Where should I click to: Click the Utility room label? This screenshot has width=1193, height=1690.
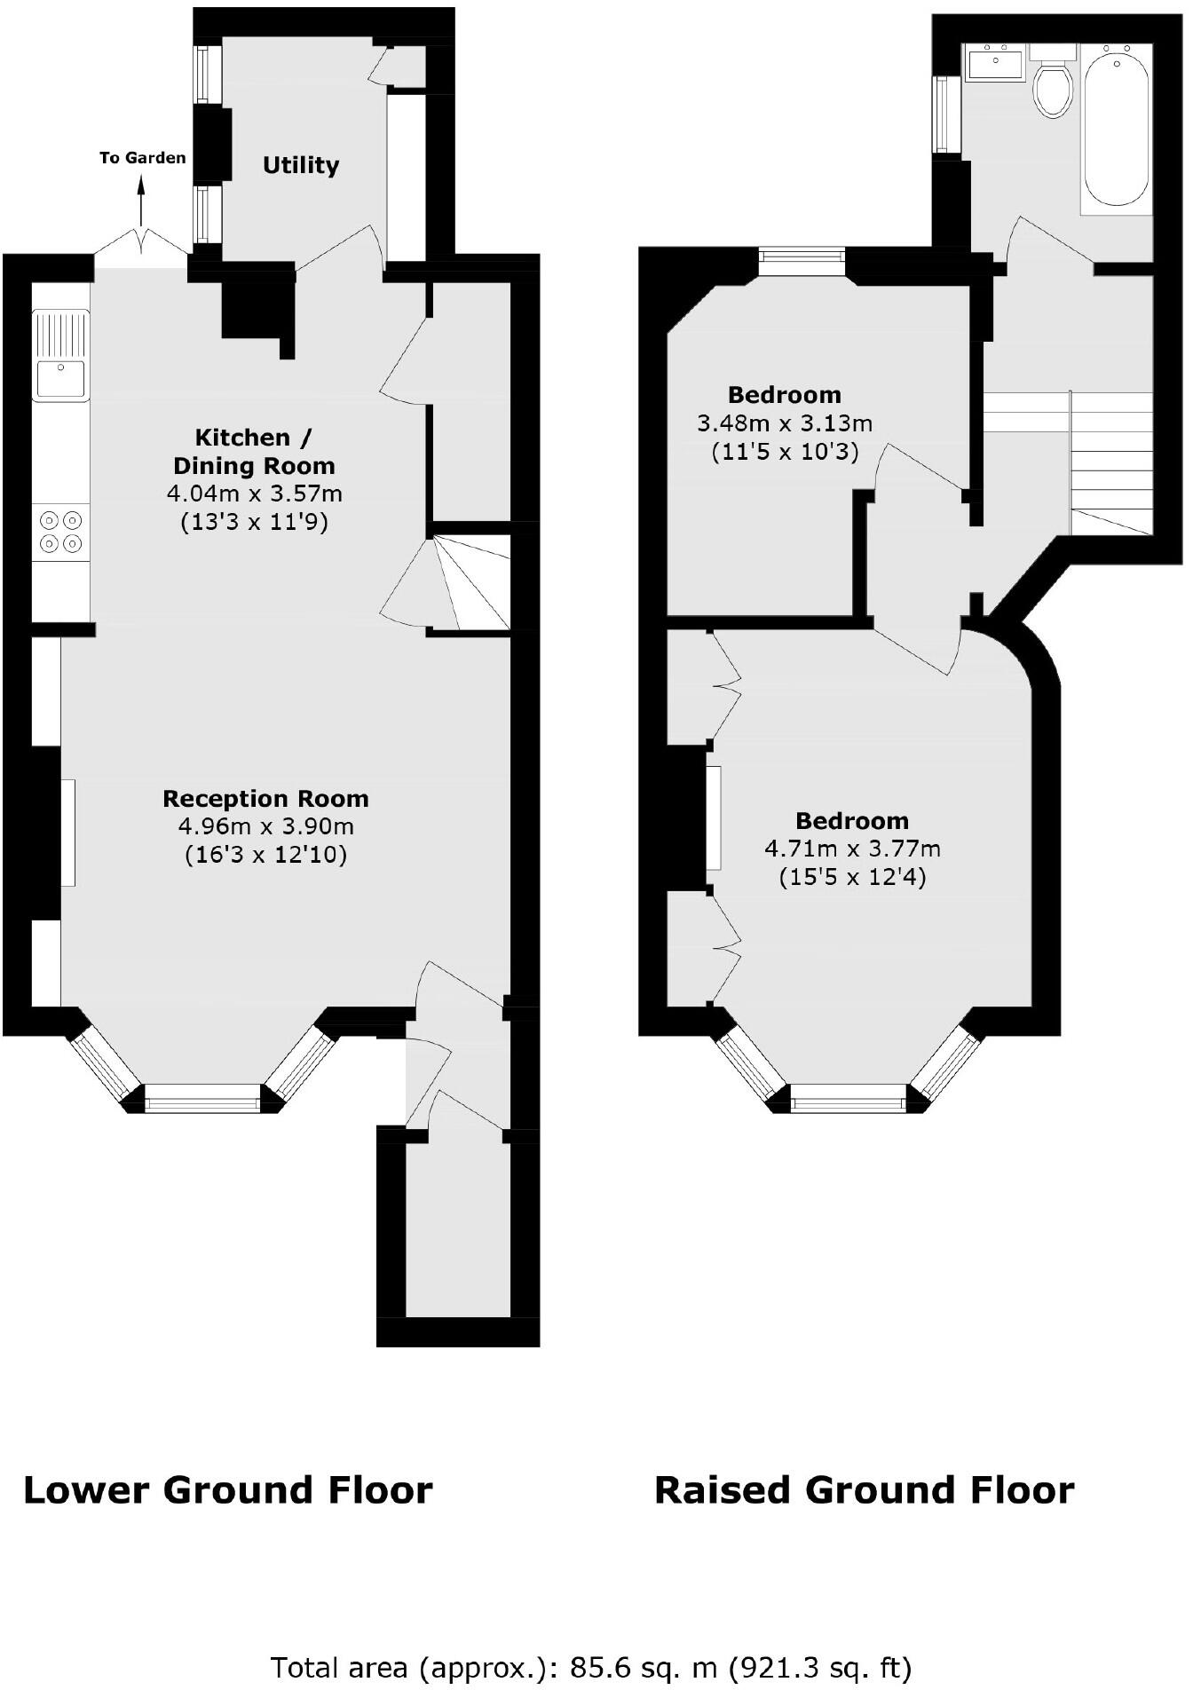pos(301,166)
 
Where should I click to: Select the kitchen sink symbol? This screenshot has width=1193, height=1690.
pos(60,355)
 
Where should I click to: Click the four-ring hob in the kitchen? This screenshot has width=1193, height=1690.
pos(61,532)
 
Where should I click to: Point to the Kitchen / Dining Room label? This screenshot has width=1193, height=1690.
pos(254,451)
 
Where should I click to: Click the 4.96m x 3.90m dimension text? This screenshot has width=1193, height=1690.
pos(265,826)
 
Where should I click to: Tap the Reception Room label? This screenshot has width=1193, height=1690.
pos(265,798)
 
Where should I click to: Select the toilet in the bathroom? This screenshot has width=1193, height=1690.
pos(1053,89)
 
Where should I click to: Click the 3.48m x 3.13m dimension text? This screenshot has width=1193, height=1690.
pos(785,423)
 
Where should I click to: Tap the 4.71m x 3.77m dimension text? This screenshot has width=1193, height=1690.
pos(852,849)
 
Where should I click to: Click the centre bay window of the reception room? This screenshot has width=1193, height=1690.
pos(202,1104)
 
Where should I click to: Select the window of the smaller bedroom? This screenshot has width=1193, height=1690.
pos(802,257)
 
